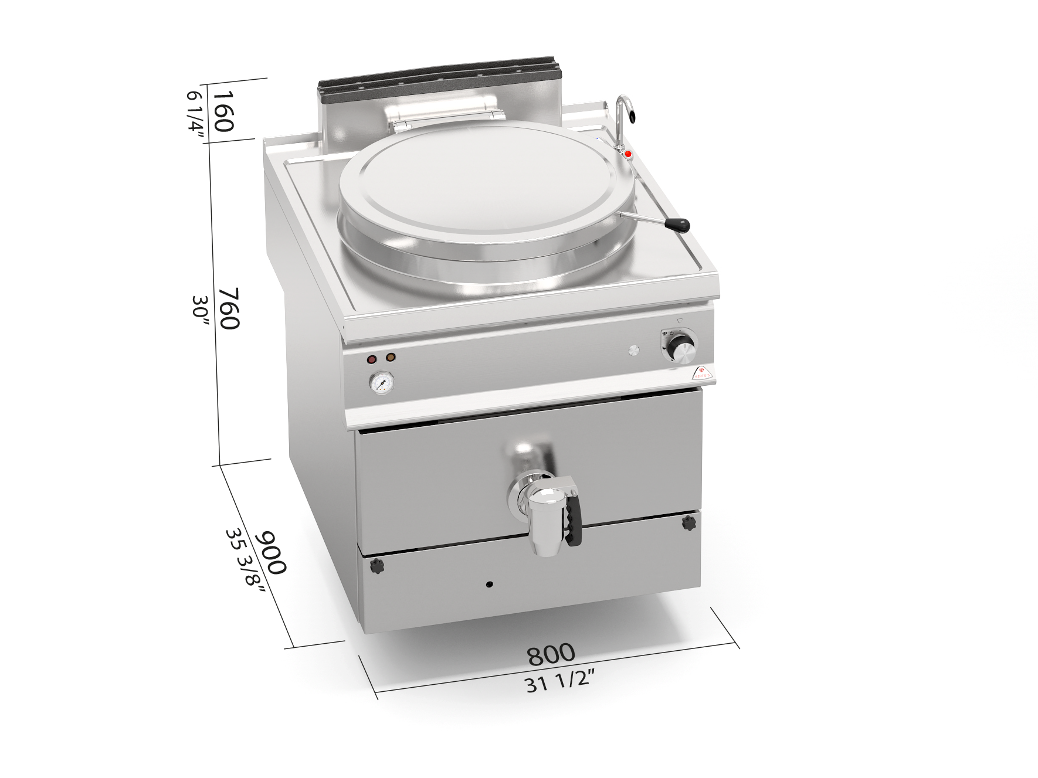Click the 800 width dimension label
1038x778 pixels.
point(551,653)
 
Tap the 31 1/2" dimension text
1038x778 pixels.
point(560,682)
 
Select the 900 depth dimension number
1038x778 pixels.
point(273,552)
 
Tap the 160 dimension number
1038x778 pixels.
point(223,111)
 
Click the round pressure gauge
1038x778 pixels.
point(381,383)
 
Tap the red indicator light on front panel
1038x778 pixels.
point(372,359)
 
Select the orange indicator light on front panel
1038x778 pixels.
point(390,356)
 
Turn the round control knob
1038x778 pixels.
point(682,351)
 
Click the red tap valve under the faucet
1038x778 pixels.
point(627,154)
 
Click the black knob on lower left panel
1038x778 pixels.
point(378,566)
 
